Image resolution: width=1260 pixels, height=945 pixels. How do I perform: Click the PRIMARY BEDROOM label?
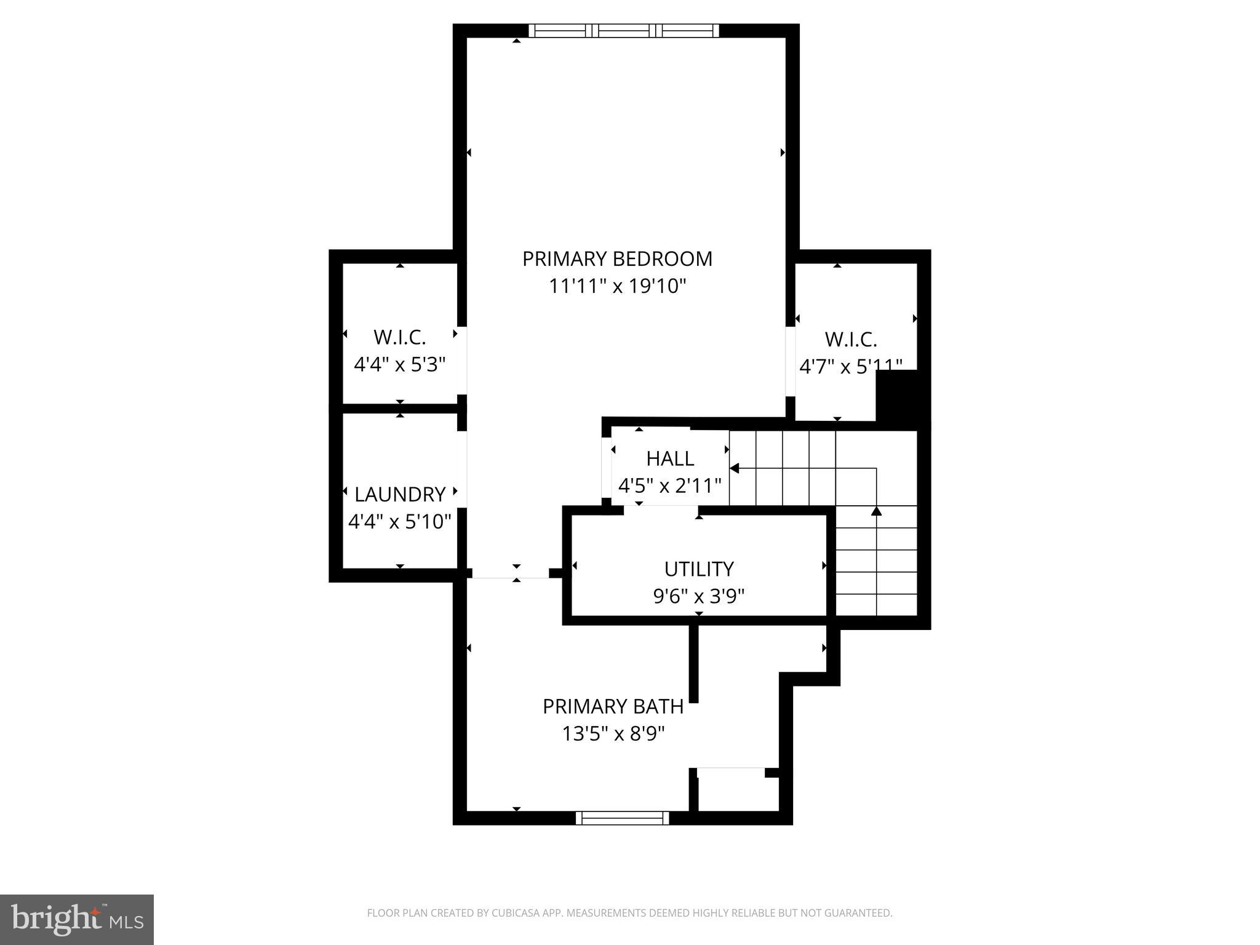point(617,259)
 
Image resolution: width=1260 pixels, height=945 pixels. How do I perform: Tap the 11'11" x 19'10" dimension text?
point(617,287)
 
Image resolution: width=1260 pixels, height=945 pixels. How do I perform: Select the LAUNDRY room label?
point(400,495)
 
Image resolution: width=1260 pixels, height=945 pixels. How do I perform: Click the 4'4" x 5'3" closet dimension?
point(399,365)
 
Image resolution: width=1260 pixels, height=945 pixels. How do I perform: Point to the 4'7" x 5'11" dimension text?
point(850,367)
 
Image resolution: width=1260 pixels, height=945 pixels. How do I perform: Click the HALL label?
point(670,459)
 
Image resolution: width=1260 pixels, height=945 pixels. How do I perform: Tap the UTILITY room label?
point(699,569)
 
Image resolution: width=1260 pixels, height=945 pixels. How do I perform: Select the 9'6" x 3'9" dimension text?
point(699,596)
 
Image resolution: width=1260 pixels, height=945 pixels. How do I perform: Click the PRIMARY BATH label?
point(613,707)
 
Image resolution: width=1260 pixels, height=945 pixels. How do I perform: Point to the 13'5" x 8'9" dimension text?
point(613,734)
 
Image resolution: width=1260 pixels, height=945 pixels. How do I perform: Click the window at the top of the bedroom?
point(624,31)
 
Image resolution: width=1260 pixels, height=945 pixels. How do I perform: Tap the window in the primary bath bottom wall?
point(622,818)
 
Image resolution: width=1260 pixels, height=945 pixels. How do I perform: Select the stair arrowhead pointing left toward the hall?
point(734,468)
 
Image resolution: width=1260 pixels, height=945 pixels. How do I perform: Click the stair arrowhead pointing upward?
point(876,511)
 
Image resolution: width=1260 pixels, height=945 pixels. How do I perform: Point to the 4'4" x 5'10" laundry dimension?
point(400,522)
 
